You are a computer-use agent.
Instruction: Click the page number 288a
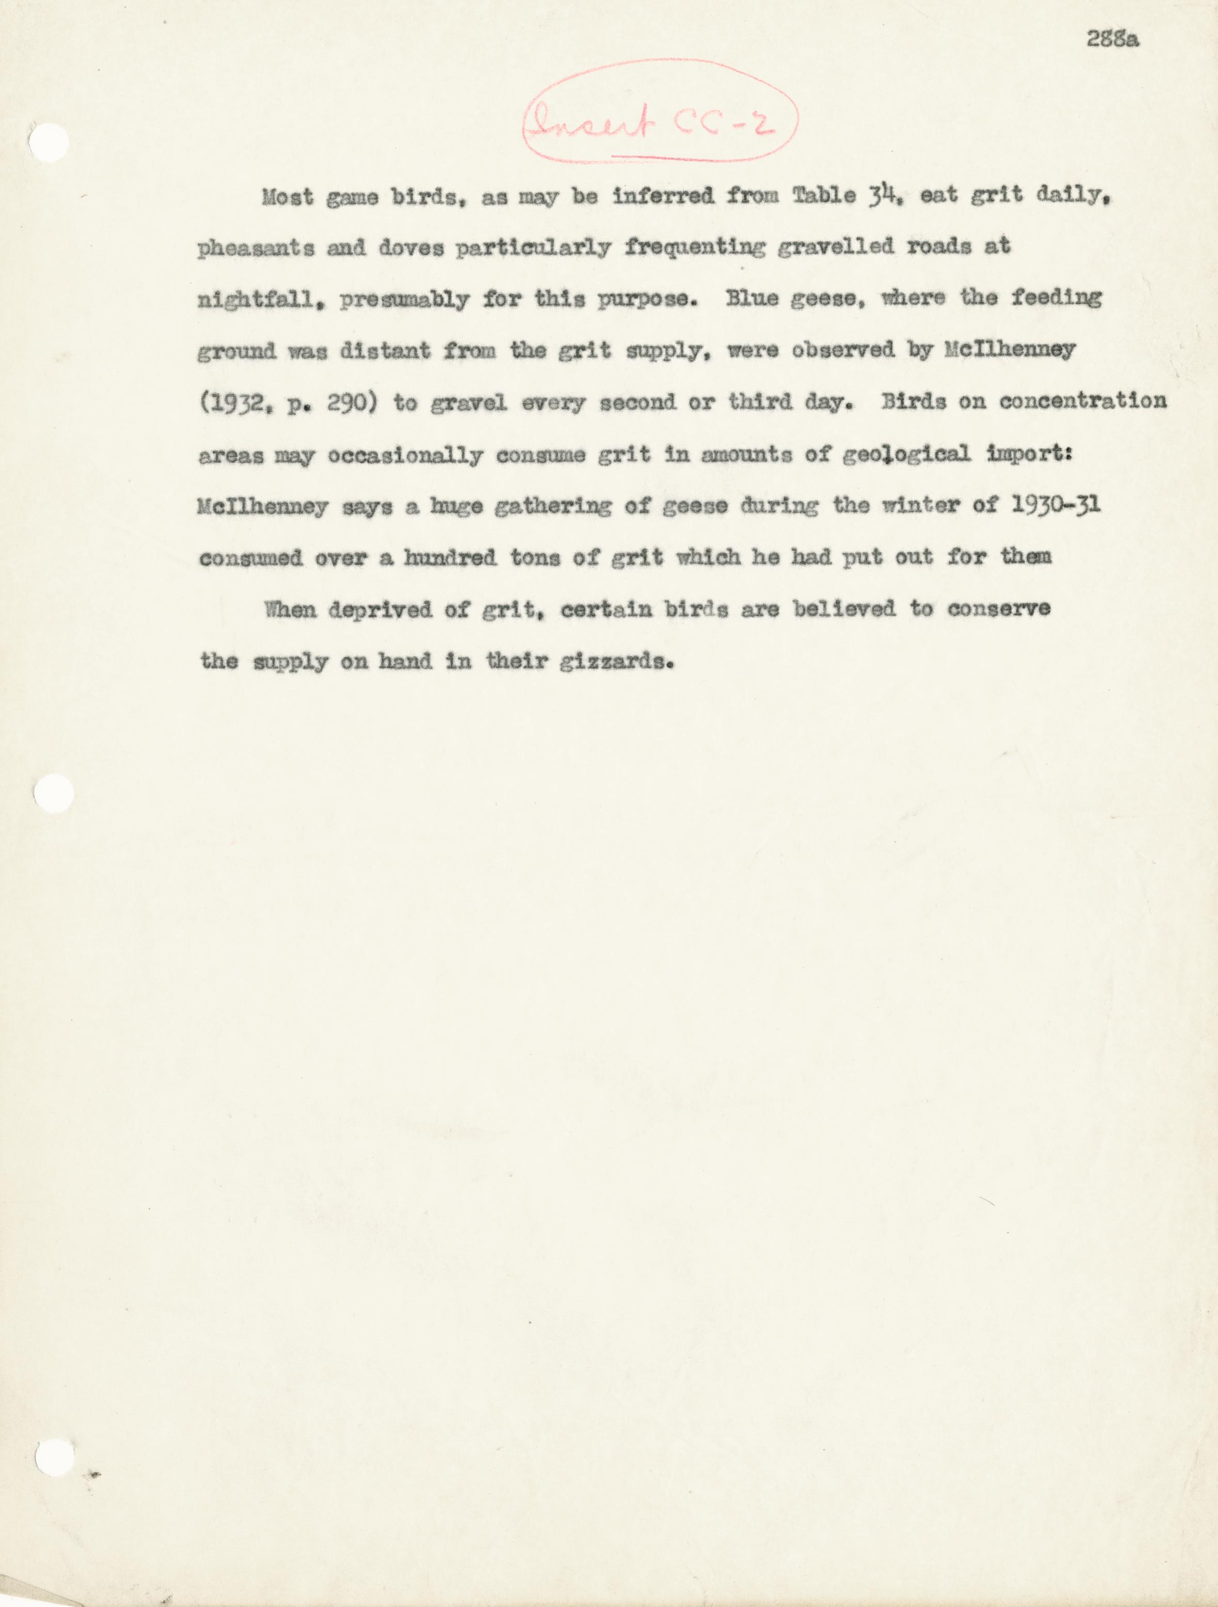click(x=1112, y=39)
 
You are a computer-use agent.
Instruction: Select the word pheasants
click(x=256, y=248)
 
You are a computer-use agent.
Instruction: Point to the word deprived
click(x=380, y=610)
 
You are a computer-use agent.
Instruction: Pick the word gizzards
click(x=616, y=662)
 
